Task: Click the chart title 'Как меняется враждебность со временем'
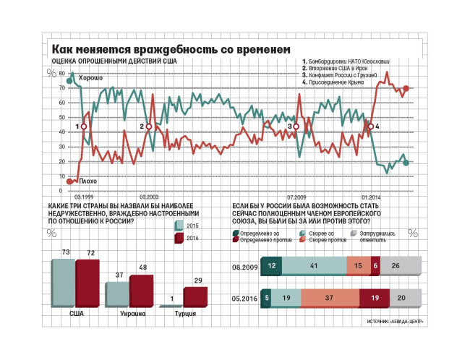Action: [171, 49]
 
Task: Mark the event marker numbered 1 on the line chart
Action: [84, 127]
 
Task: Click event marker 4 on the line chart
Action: [371, 127]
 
